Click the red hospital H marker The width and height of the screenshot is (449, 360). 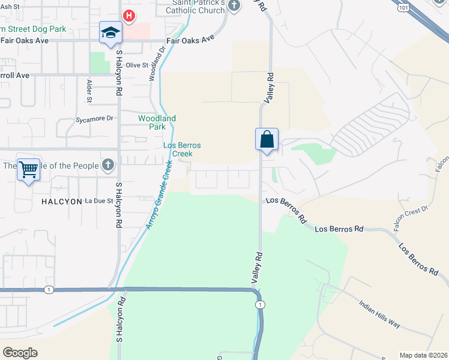tap(128, 15)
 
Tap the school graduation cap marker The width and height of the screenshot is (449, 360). tap(111, 33)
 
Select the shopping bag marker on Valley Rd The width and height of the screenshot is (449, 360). tap(267, 139)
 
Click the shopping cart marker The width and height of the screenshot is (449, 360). tap(28, 170)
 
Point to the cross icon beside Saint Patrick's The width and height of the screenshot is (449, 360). tap(234, 6)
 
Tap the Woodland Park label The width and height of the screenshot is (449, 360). tap(157, 122)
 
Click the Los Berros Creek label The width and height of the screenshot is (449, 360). tap(182, 149)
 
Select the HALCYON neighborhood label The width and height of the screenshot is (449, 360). tap(61, 202)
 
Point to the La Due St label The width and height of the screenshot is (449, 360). tap(99, 200)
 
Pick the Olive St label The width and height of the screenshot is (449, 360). tap(137, 65)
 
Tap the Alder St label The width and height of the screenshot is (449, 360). tap(89, 89)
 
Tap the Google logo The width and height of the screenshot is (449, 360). tap(20, 353)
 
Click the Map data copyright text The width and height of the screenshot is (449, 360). tap(423, 355)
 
